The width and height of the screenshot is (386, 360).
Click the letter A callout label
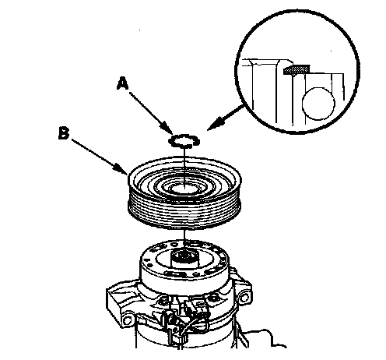[x=122, y=84]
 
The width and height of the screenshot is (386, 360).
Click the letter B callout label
[x=64, y=133]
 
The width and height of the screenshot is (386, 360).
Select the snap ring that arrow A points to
[x=184, y=141]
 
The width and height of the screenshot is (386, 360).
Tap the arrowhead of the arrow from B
[x=121, y=168]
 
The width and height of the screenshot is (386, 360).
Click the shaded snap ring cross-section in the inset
[x=297, y=70]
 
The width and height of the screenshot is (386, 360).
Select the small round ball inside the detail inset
[x=318, y=104]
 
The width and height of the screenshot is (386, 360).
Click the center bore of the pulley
[x=184, y=189]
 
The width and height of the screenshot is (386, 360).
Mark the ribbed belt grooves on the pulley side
[x=184, y=212]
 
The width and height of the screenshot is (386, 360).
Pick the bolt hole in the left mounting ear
[x=128, y=320]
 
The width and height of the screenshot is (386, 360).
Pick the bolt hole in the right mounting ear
[x=244, y=297]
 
